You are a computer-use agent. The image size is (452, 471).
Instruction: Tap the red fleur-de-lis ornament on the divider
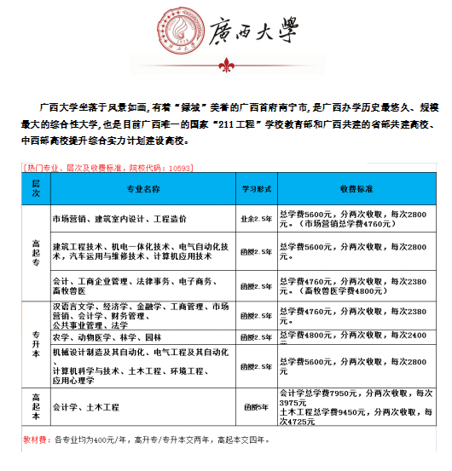[x=226, y=66]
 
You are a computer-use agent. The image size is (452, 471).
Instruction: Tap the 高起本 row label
[x=36, y=407]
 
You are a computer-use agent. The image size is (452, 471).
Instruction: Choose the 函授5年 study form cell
[x=256, y=408]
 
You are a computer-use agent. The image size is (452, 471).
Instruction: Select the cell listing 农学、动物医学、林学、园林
[x=107, y=337]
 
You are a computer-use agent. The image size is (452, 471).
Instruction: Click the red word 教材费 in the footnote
[x=35, y=441]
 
